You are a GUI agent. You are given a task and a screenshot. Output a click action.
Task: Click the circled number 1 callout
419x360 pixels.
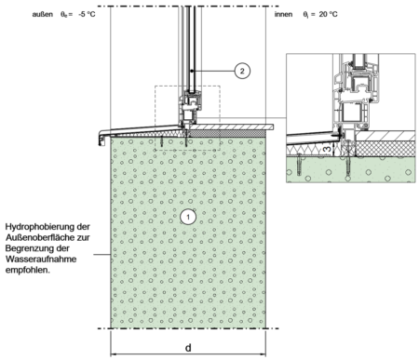coord(188,217)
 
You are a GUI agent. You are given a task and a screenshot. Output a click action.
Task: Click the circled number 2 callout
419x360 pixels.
coord(242,71)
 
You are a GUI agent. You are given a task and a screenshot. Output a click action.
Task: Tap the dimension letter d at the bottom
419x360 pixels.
coord(188,348)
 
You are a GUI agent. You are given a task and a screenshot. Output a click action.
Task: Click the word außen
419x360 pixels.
coord(43,14)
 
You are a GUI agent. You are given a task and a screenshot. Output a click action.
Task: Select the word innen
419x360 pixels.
coord(283,14)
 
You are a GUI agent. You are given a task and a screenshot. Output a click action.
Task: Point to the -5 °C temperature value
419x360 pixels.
coord(87,14)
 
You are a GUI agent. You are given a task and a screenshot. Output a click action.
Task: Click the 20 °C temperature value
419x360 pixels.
coord(329,14)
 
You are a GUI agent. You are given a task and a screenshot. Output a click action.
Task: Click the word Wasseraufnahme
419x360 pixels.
coord(41,259)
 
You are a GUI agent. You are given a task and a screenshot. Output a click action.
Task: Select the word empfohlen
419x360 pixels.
coord(28,270)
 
